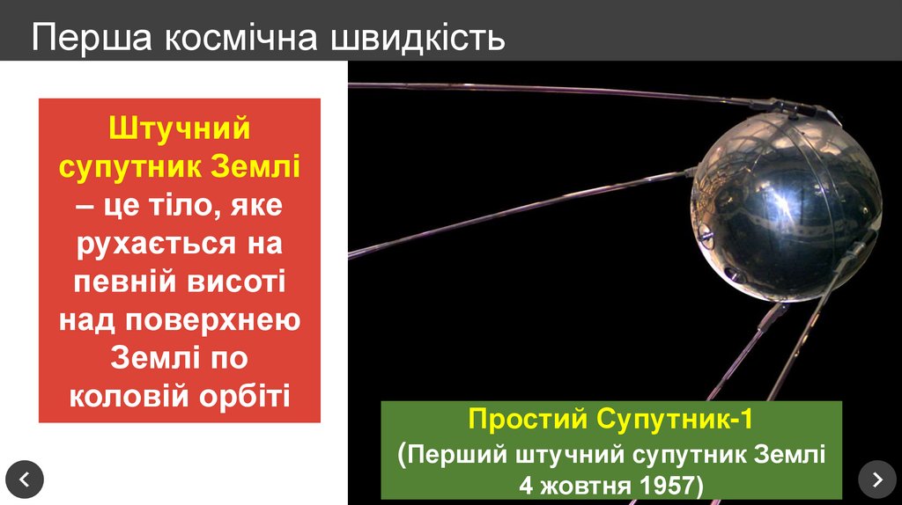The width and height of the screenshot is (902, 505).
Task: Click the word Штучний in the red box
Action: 180,128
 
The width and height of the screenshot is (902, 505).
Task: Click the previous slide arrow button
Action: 24,479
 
